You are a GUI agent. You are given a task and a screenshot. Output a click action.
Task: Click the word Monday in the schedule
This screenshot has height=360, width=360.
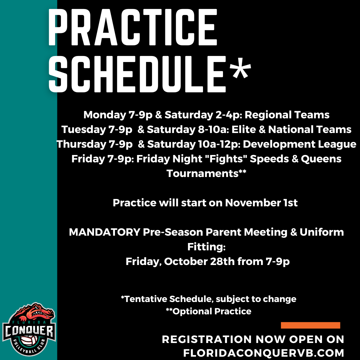[104, 115]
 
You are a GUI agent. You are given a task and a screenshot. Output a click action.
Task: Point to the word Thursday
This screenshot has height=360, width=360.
[81, 144]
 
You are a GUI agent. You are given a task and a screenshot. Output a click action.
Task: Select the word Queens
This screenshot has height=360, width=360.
[321, 159]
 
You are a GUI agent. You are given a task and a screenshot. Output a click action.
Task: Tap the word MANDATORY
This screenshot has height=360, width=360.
[104, 232]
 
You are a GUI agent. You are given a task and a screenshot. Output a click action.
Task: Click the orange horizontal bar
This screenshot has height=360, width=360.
[310, 325]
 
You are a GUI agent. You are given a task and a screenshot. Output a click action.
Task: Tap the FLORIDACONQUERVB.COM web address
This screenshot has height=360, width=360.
[264, 352]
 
